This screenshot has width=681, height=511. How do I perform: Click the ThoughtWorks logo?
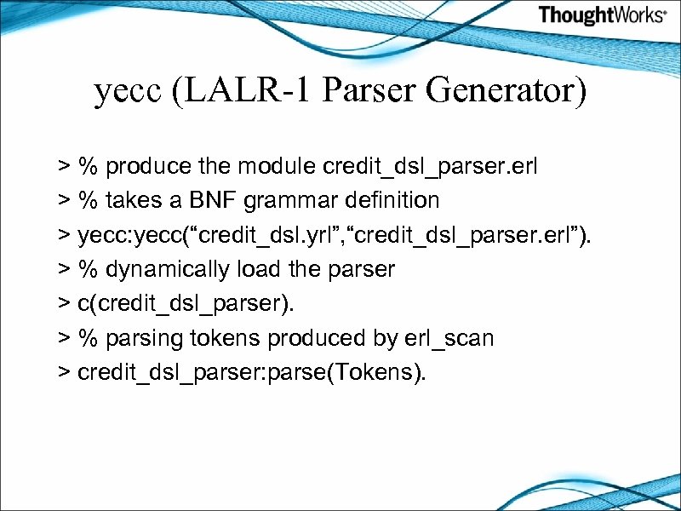click(602, 15)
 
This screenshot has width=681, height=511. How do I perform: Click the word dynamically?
click(157, 270)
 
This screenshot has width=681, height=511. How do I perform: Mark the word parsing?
click(138, 339)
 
